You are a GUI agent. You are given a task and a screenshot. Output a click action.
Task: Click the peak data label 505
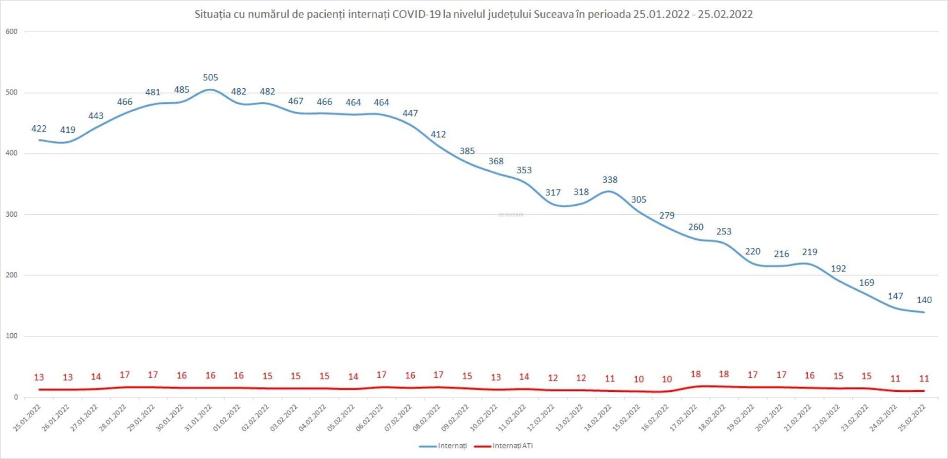coord(210,77)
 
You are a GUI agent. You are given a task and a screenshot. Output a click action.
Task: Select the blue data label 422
coord(39,129)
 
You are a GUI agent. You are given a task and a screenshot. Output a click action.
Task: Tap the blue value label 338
coord(610,180)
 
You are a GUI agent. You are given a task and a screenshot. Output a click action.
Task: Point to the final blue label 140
coord(924,300)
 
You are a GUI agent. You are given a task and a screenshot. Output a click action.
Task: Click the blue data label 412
coord(438,134)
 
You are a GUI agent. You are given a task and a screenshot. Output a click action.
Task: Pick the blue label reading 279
coord(667,216)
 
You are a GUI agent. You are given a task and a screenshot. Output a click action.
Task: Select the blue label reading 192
coord(838,269)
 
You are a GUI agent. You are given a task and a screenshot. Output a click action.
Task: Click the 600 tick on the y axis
coord(11,32)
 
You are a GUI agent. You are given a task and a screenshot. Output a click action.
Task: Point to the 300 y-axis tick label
coord(11,215)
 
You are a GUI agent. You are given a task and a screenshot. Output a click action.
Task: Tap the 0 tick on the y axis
coord(16,397)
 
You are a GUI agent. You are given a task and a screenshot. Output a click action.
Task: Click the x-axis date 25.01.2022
coord(27,418)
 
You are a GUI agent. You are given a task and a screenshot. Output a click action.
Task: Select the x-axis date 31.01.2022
coord(198,418)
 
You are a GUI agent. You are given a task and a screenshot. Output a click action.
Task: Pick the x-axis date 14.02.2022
coord(598,418)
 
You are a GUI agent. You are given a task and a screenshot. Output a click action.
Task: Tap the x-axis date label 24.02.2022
coord(883,418)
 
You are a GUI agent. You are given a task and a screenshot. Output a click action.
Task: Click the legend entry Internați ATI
coord(512,446)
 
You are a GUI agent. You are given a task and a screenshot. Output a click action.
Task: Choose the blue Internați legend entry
coord(452,446)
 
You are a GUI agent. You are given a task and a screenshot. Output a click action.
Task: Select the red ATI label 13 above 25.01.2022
coord(39,378)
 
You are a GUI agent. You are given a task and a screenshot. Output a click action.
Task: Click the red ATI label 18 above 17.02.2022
coord(695,375)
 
